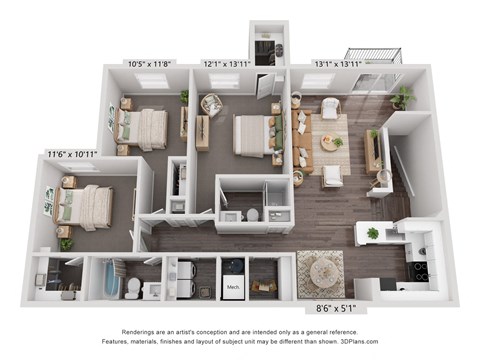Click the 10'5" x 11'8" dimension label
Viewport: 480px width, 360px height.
[149, 64]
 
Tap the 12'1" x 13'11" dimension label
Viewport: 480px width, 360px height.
[227, 64]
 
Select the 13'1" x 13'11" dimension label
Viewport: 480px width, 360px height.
[338, 64]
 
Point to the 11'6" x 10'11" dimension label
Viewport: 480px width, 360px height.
[72, 154]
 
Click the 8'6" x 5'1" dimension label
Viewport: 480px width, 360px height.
[336, 309]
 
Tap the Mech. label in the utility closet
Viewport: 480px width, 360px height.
[233, 287]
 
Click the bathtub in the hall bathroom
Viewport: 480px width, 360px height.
[111, 280]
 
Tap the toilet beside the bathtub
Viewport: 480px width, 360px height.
[134, 287]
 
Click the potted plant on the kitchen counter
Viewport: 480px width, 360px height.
[373, 233]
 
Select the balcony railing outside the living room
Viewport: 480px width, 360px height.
[374, 55]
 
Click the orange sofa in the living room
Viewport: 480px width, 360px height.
[303, 142]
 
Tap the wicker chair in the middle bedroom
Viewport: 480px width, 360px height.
[211, 105]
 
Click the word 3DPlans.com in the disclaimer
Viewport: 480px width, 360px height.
[359, 341]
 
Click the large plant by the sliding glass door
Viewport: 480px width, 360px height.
[402, 97]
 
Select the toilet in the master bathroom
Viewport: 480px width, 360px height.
[252, 215]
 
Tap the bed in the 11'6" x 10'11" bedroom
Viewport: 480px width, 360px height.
[83, 207]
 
